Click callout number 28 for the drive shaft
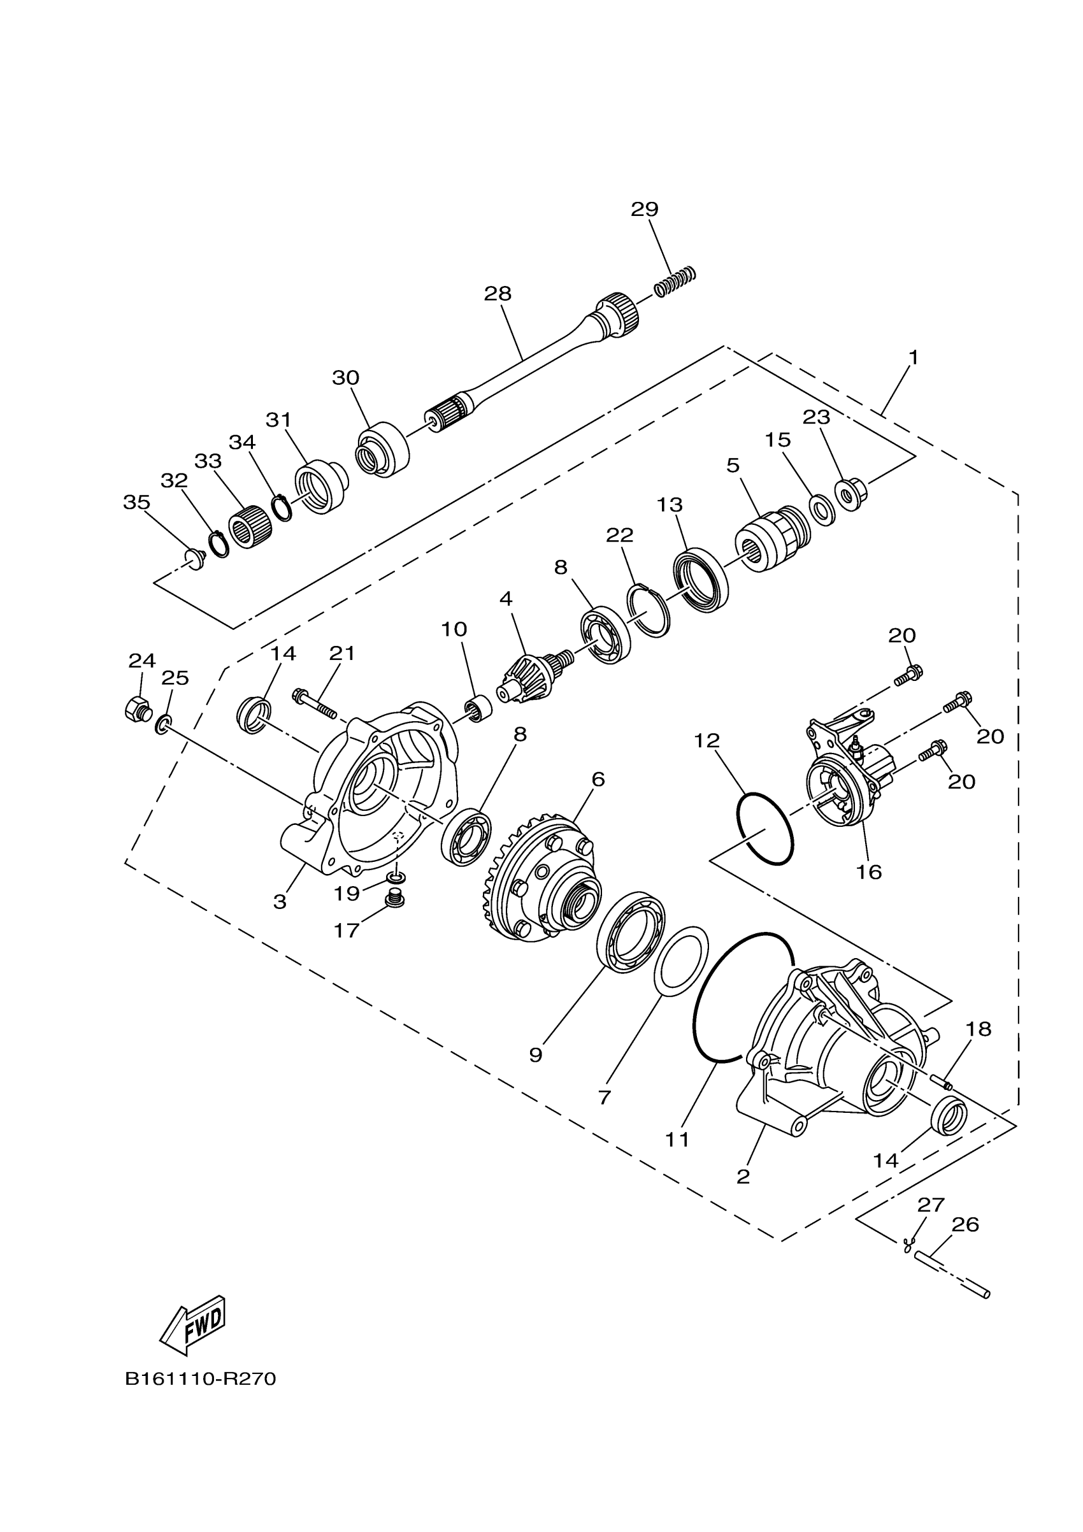(497, 294)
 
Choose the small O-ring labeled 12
(765, 829)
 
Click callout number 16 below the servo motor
(869, 872)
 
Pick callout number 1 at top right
(914, 357)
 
